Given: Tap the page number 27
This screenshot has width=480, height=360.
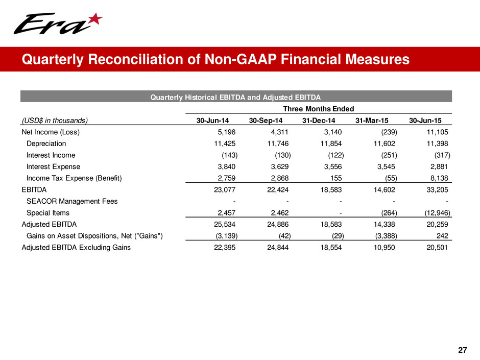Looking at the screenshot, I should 463,350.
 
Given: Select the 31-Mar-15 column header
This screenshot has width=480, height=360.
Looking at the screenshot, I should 374,121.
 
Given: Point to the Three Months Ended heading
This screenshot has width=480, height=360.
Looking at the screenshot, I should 319,108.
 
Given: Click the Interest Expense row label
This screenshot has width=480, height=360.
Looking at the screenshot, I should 53,166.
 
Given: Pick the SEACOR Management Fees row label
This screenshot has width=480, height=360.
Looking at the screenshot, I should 72,201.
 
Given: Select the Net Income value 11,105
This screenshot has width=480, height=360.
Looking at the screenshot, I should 437,132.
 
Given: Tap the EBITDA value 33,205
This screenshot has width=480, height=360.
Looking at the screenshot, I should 437,190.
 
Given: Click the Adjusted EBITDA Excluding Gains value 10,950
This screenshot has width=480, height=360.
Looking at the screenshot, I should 384,248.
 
